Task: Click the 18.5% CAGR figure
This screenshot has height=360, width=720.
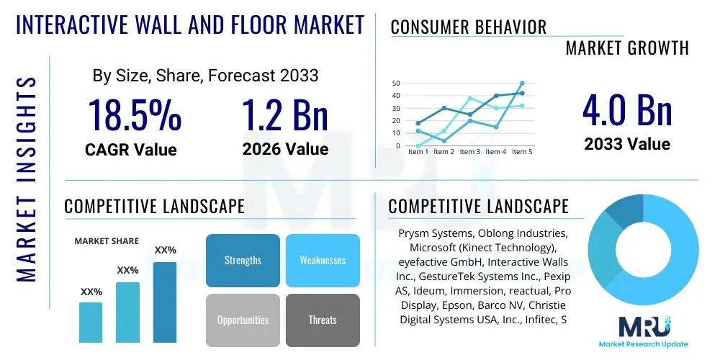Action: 134,115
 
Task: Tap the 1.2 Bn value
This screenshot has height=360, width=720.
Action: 285,115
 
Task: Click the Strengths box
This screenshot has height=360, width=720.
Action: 243,260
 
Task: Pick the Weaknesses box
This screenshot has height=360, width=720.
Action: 323,260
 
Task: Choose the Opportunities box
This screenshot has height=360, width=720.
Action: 243,320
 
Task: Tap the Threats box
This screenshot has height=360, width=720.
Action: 323,320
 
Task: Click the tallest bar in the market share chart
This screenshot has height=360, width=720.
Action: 165,302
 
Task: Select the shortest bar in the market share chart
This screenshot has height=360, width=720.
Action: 91,322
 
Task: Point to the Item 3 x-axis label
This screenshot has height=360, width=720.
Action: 469,152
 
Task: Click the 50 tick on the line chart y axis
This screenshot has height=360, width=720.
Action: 396,83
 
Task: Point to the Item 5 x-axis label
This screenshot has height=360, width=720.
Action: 521,152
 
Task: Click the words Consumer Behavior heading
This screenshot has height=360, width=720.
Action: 468,27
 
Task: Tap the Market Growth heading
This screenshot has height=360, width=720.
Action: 627,48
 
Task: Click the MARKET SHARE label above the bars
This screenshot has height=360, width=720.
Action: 107,241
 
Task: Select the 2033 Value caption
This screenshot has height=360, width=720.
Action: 627,144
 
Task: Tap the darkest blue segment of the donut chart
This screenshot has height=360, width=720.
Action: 621,211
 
